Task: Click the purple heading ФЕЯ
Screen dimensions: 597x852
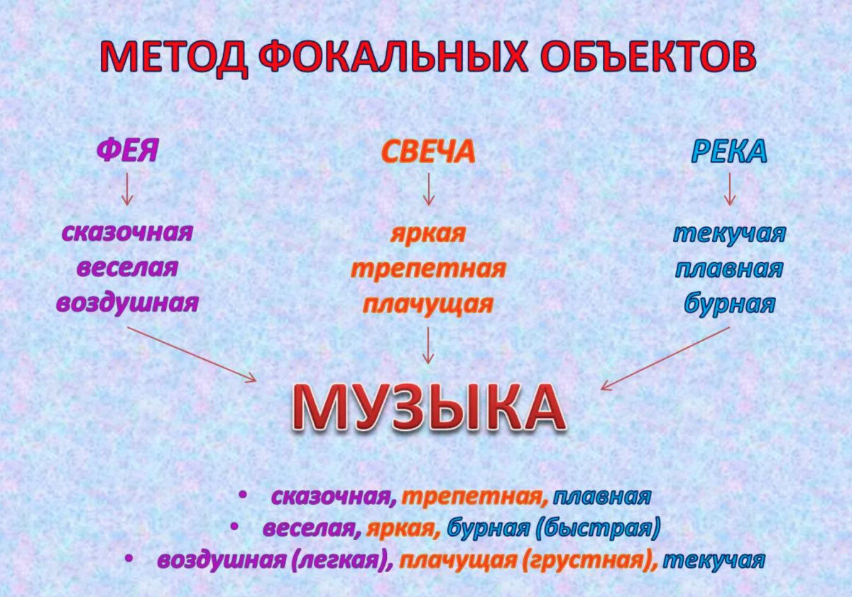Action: pos(127,151)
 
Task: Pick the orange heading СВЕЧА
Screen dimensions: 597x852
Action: pos(427,151)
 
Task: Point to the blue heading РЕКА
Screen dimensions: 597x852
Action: pos(729,151)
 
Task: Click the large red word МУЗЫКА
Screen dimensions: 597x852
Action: pos(428,410)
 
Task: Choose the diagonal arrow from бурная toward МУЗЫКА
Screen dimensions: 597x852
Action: pos(665,358)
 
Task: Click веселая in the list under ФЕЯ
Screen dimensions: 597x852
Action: pos(127,268)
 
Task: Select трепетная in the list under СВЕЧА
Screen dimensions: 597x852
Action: pos(428,269)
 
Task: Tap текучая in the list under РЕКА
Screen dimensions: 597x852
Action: pos(729,234)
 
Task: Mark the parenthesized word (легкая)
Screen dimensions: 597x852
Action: pos(342,560)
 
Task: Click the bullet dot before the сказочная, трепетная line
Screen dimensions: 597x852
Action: pos(243,495)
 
